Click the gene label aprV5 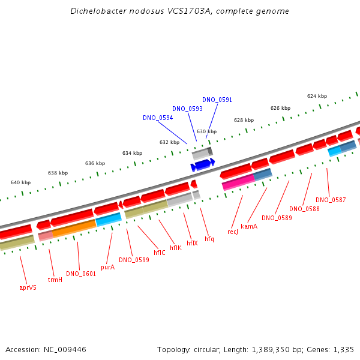pos(28,287)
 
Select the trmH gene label pos(55,280)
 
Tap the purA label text pos(107,267)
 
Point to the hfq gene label pos(209,239)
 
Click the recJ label pos(233,232)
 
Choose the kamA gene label pos(249,226)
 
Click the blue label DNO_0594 pos(158,118)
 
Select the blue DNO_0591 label pos(217,100)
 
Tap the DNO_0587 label pos(331,200)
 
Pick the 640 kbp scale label pos(20,182)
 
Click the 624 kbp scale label pos(317,96)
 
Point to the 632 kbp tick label pos(169,142)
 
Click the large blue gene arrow pos(203,164)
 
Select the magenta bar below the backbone pos(239,182)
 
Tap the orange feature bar pos(74,228)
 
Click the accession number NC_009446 pos(65,350)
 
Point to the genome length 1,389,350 pos(271,350)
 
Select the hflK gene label pos(176,248)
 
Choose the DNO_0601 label pos(81,274)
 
